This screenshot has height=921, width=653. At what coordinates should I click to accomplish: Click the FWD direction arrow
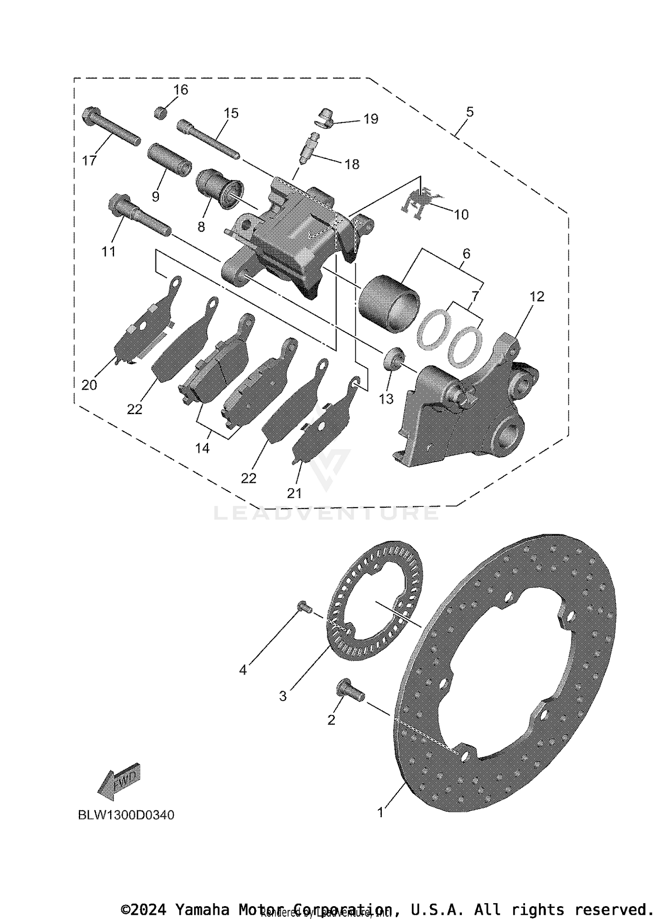[x=118, y=781]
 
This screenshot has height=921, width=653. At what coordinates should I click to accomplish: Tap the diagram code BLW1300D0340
[x=126, y=815]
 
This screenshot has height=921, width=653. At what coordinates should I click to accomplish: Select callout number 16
[x=181, y=90]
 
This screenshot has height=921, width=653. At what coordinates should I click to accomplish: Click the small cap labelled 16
[x=161, y=113]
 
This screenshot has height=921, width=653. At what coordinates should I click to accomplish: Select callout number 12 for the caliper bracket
[x=537, y=297]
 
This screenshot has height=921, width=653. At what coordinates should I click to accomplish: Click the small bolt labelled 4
[x=304, y=606]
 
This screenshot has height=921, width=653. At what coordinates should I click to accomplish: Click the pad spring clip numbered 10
[x=419, y=202]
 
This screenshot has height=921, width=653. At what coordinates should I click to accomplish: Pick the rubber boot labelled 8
[x=220, y=189]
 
